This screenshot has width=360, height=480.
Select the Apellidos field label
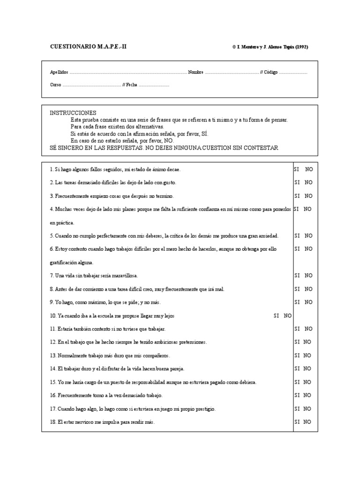(x=59, y=72)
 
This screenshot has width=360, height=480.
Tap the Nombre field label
(x=195, y=72)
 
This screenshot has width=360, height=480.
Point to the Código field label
(x=270, y=72)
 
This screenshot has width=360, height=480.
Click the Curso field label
(x=55, y=85)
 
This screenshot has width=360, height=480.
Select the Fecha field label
(x=132, y=85)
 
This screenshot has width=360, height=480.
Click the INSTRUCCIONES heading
(x=73, y=113)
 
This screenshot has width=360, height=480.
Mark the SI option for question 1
(x=297, y=169)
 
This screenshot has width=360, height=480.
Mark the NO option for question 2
(x=308, y=182)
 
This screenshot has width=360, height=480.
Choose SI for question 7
(x=297, y=276)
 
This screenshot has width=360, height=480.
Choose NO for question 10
(x=288, y=315)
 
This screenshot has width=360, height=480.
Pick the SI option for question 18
(x=297, y=422)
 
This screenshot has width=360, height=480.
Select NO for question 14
(x=307, y=368)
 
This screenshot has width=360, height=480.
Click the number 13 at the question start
(x=52, y=355)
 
